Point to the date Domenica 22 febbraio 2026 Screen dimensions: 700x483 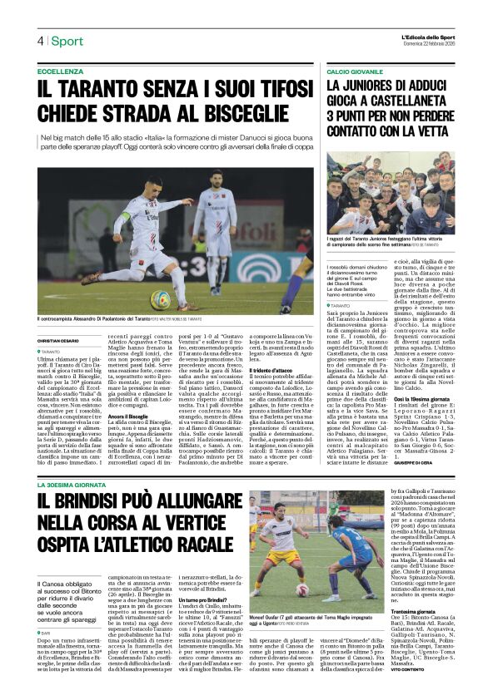point(428,45)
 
